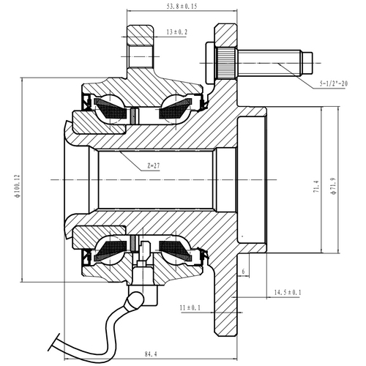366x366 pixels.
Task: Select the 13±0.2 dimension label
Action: [176, 33]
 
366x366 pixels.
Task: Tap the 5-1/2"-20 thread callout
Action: [338, 85]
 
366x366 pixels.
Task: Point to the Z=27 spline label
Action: [153, 166]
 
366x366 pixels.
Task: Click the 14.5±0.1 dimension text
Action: [288, 293]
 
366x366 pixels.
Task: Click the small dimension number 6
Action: [242, 271]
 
